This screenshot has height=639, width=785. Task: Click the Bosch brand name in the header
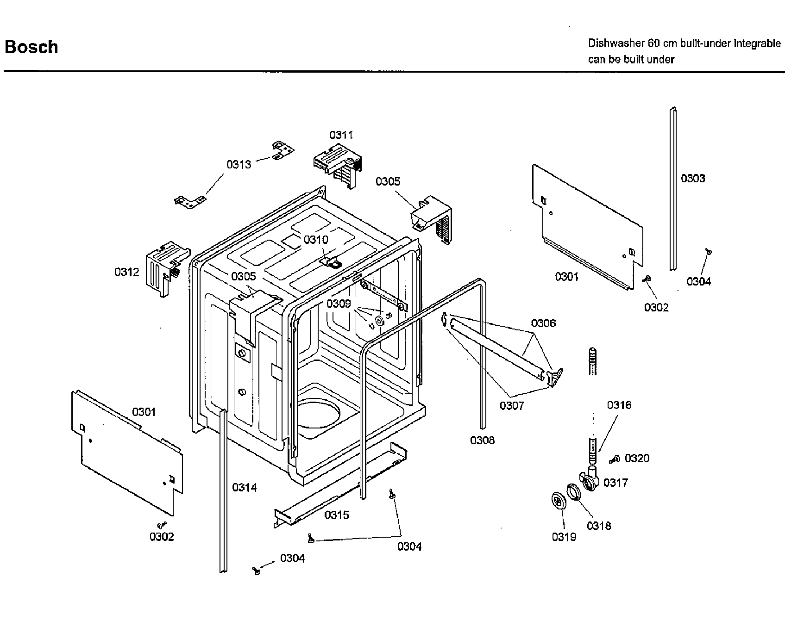31,47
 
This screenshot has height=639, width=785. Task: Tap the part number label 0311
341,135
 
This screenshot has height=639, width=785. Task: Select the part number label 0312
126,272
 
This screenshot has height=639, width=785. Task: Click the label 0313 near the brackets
239,164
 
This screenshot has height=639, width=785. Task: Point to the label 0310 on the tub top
315,239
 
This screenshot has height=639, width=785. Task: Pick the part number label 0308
482,440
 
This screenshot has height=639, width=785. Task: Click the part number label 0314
244,487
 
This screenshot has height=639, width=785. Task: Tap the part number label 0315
337,515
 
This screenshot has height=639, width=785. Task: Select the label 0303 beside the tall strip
693,178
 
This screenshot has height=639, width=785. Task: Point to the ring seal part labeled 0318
573,491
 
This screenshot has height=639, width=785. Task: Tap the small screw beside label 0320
615,459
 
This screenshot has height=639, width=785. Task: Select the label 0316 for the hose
619,405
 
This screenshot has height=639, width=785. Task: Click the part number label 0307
511,406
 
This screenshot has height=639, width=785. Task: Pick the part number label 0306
543,323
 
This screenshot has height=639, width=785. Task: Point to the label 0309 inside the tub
339,304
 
